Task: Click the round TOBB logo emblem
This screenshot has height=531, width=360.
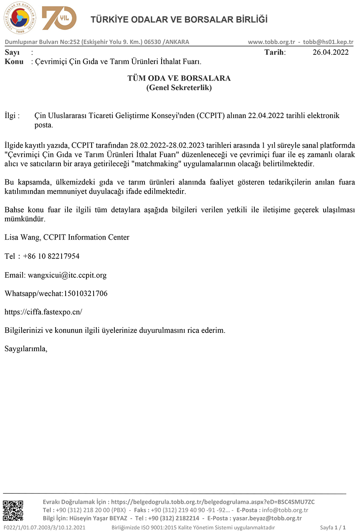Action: pyautogui.click(x=20, y=18)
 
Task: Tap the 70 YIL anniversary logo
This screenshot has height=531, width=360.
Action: pyautogui.click(x=59, y=18)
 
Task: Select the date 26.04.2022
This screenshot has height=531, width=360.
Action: pyautogui.click(x=330, y=52)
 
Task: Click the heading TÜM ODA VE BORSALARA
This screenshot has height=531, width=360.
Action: pyautogui.click(x=179, y=78)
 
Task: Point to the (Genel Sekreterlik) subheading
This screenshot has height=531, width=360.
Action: pyautogui.click(x=179, y=88)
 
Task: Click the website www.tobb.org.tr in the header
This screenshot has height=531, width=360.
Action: pyautogui.click(x=271, y=42)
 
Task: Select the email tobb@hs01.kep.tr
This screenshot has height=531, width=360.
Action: pyautogui.click(x=328, y=42)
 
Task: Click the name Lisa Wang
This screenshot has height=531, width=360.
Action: pyautogui.click(x=22, y=237)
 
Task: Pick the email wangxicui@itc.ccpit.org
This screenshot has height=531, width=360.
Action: pyautogui.click(x=67, y=275)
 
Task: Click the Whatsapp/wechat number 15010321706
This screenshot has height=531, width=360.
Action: pyautogui.click(x=86, y=293)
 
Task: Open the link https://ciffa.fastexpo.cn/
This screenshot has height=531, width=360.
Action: pyautogui.click(x=43, y=312)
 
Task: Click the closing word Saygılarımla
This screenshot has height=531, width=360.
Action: pyautogui.click(x=26, y=349)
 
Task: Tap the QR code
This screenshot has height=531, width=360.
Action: pyautogui.click(x=13, y=510)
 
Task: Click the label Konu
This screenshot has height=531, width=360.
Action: pyautogui.click(x=14, y=62)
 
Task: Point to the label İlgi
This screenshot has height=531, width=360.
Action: pyautogui.click(x=12, y=116)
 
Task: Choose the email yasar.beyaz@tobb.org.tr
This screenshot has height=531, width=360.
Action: pyautogui.click(x=267, y=518)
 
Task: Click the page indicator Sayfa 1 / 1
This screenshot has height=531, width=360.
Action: pyautogui.click(x=332, y=527)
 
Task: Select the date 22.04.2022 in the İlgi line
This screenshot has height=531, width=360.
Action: pyautogui.click(x=266, y=116)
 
